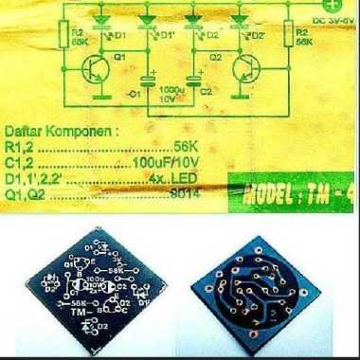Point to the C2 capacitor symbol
click(198, 81)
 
